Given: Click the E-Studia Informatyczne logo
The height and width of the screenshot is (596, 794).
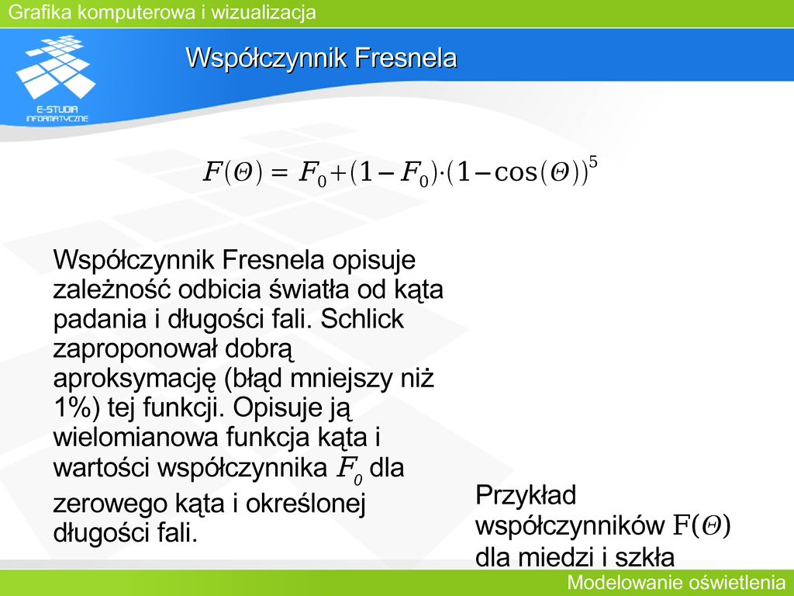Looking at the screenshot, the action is point(56,78).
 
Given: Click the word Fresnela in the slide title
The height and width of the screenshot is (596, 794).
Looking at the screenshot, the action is point(406,57).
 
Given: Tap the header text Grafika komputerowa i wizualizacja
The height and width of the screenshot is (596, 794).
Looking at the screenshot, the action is point(162,12).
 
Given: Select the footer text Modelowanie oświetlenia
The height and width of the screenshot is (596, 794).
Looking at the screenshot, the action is point(676,582).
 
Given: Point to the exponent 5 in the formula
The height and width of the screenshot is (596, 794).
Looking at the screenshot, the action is point(593,163).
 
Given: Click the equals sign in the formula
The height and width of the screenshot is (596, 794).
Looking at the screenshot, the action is point(279,173).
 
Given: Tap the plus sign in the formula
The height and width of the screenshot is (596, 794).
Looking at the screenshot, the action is point(337,173).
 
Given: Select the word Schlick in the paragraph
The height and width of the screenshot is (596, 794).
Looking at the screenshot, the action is point(362,319).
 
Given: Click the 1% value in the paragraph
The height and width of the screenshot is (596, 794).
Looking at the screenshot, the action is point(77,407).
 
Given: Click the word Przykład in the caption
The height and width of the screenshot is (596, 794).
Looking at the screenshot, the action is point(526,494).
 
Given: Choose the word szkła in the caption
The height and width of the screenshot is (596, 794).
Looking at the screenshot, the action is point(644,557).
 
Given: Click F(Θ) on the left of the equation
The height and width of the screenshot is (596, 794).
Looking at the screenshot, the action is point(233,172).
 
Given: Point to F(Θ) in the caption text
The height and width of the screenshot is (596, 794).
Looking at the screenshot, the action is point(702,525).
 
